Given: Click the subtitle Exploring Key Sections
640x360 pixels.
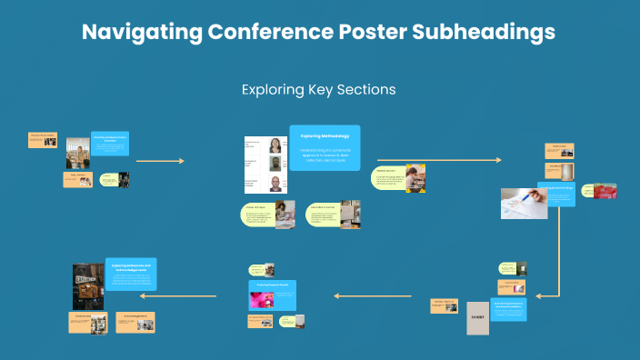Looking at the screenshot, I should (x=318, y=90).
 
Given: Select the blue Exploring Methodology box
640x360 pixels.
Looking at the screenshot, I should (x=325, y=147).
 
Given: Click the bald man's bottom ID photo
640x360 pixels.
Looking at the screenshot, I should (x=275, y=185).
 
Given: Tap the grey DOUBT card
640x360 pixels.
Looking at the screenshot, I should (x=478, y=318).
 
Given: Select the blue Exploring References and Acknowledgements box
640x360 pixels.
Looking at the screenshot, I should (x=132, y=274).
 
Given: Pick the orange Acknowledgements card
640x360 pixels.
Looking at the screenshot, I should (x=135, y=322).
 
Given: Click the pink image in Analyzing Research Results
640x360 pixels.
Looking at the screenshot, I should (x=263, y=300).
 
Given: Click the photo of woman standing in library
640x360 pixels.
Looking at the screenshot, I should (x=77, y=154).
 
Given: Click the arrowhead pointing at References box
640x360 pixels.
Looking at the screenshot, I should (x=144, y=295).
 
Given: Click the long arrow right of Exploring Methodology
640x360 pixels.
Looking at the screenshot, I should (x=436, y=160).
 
